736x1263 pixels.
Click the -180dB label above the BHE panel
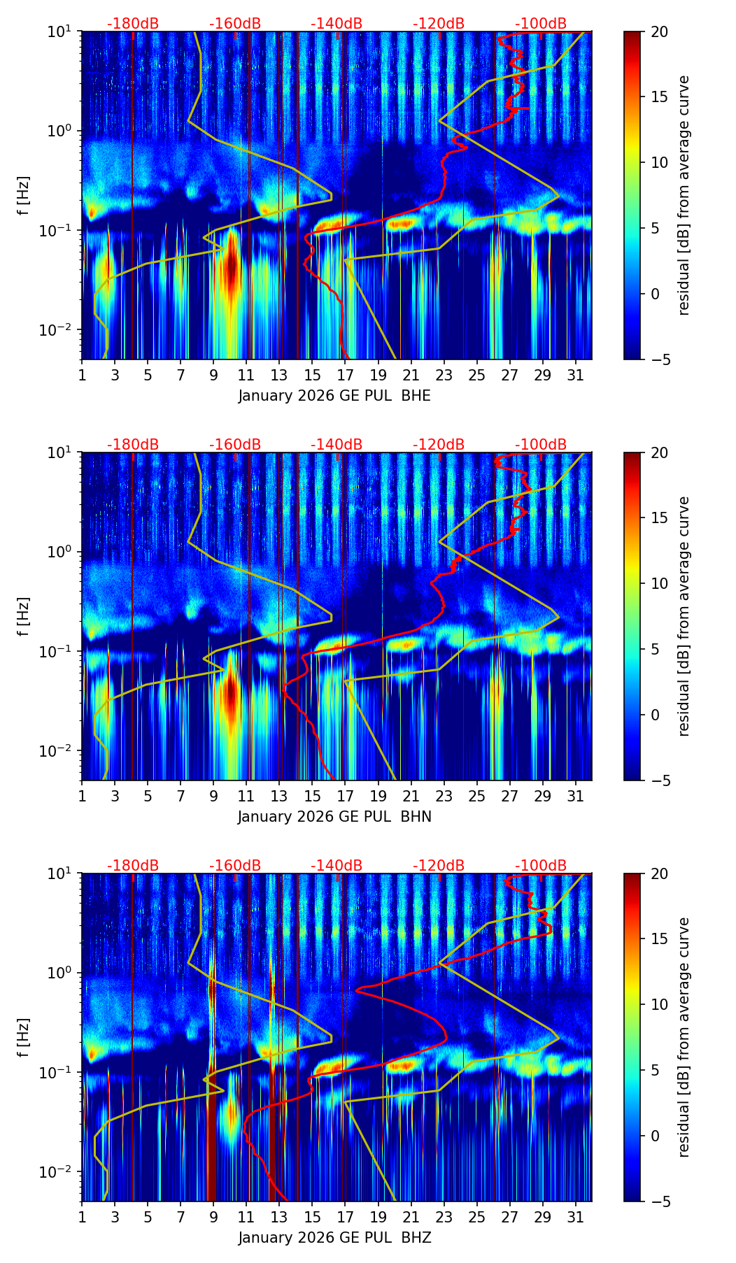[x=133, y=24]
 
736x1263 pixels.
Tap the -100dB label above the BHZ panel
[x=541, y=866]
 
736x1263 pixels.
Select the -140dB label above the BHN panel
[x=337, y=445]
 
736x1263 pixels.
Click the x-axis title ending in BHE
[x=334, y=396]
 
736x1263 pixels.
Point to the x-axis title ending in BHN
[x=334, y=817]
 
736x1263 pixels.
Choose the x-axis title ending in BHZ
[x=334, y=1238]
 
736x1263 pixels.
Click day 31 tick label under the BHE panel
[x=575, y=376]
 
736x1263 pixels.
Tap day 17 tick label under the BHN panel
[x=345, y=797]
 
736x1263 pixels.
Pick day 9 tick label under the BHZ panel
[x=213, y=1218]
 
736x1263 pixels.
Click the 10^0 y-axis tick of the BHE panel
[x=63, y=131]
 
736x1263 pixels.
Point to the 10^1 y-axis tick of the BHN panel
[x=63, y=452]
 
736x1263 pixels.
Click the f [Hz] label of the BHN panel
[x=24, y=616]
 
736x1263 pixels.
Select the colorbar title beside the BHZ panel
[x=684, y=1037]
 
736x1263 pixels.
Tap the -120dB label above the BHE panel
[x=439, y=24]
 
